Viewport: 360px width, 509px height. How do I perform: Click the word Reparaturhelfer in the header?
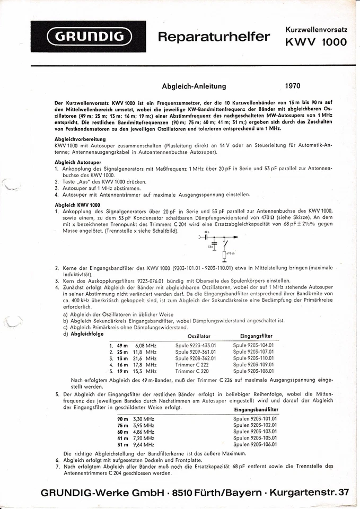tap(214, 37)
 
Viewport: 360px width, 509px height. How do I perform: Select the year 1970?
tap(296, 85)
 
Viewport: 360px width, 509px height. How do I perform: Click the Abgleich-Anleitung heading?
tap(194, 86)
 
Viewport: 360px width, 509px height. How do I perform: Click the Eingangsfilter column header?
tap(257, 336)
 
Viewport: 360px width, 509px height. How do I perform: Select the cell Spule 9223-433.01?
tap(196, 345)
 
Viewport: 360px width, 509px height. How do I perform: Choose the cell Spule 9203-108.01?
tap(253, 371)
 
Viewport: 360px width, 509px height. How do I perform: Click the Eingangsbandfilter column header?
tap(256, 410)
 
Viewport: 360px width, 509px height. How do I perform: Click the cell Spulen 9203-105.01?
tap(255, 438)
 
